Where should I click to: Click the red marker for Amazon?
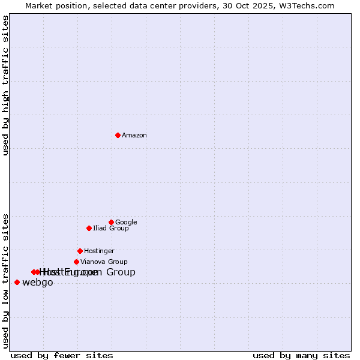[x=118, y=135]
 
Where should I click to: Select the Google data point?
[x=111, y=222]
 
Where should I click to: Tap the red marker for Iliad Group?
[x=89, y=228]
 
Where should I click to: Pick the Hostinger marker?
[x=80, y=251]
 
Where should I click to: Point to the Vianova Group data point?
[x=76, y=262]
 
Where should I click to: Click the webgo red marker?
[x=17, y=283]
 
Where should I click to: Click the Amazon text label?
[x=134, y=136]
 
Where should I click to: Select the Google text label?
[x=126, y=223]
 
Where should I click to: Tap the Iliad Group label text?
[x=111, y=229]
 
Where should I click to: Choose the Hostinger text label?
[x=99, y=251]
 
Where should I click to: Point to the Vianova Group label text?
[x=104, y=262]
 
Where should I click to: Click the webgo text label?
[x=38, y=283]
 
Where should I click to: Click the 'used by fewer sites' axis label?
[x=62, y=355]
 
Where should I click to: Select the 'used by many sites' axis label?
[x=301, y=355]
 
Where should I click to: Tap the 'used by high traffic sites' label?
[x=5, y=85]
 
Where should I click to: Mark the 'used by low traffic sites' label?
[x=5, y=280]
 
